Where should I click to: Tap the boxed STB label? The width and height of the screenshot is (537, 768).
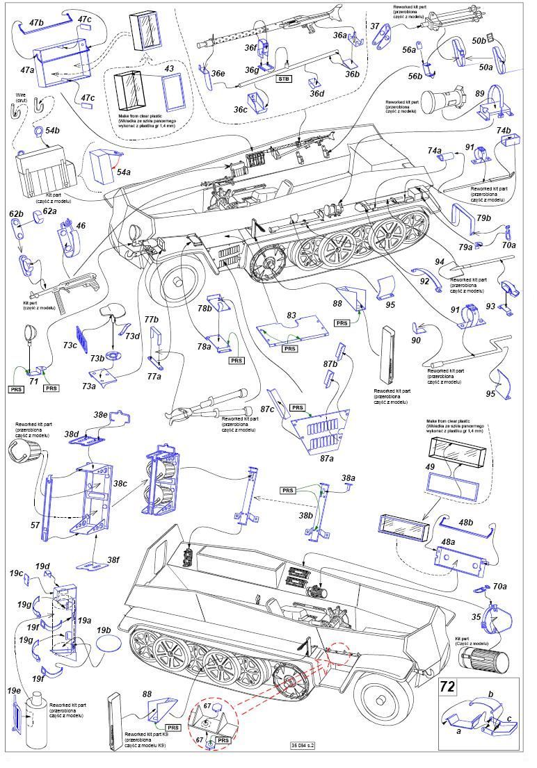[284, 79]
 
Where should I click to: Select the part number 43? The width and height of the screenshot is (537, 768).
[168, 69]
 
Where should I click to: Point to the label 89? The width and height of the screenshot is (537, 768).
[479, 94]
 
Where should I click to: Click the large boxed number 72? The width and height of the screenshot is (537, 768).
[448, 688]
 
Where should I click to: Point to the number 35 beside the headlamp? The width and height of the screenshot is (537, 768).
[476, 616]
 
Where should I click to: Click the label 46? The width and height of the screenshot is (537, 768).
[81, 226]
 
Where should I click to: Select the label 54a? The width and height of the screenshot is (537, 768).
[123, 171]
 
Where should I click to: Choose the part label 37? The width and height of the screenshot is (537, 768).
[375, 26]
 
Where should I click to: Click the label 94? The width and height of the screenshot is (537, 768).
[440, 261]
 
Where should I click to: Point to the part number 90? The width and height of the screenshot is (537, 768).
[416, 341]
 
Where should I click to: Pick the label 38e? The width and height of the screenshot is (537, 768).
[101, 415]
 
